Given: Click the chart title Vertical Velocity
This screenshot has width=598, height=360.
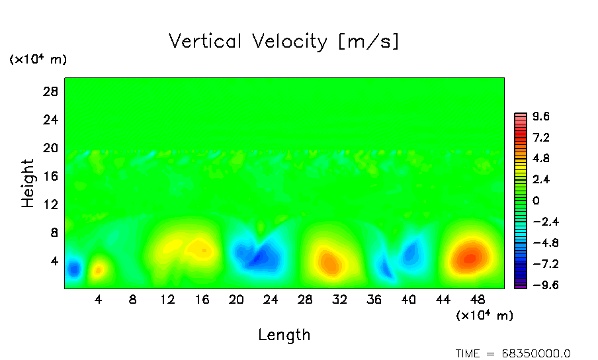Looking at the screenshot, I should pos(284,42).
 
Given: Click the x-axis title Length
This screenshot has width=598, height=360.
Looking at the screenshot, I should pos(284,335).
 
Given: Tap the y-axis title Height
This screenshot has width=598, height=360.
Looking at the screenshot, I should pos(28,183).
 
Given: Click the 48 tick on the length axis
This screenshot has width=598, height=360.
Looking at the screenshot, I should pos(478,299).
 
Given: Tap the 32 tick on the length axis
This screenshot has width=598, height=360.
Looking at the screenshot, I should pos(340,299).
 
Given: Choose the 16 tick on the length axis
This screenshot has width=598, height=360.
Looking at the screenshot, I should pos(202,299).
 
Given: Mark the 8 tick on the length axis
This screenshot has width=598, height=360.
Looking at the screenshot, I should pos(133,299).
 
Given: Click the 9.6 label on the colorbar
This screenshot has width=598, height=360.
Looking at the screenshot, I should pos(541,117).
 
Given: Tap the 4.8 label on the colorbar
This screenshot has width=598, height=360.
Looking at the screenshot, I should pos(541,159).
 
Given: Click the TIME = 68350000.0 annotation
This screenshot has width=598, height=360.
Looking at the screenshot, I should pos(513,353).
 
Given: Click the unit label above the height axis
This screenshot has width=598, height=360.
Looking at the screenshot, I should pos(38,60).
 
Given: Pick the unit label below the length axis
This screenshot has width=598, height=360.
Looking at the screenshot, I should pos(484,316).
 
